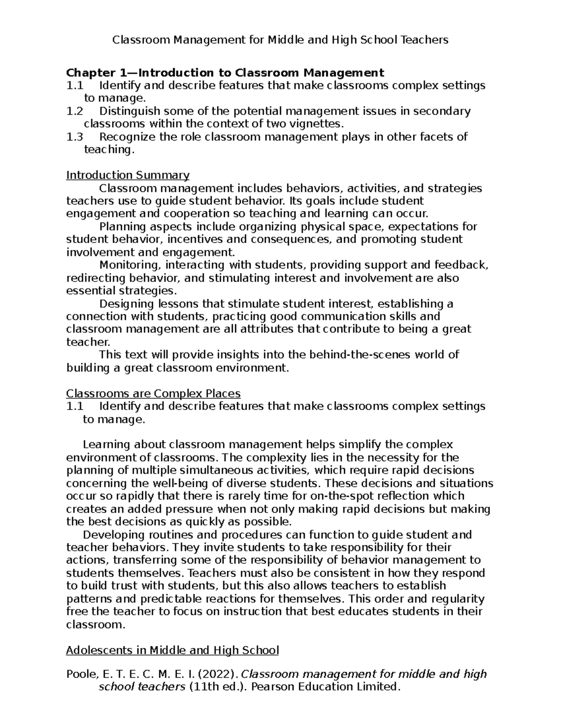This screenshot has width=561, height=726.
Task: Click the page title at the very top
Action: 280,40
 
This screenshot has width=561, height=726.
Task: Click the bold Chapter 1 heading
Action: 225,72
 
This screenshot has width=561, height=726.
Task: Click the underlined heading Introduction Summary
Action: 128,175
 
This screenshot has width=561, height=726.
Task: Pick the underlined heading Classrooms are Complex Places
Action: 153,393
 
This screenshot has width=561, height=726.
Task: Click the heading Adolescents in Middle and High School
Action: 172,650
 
